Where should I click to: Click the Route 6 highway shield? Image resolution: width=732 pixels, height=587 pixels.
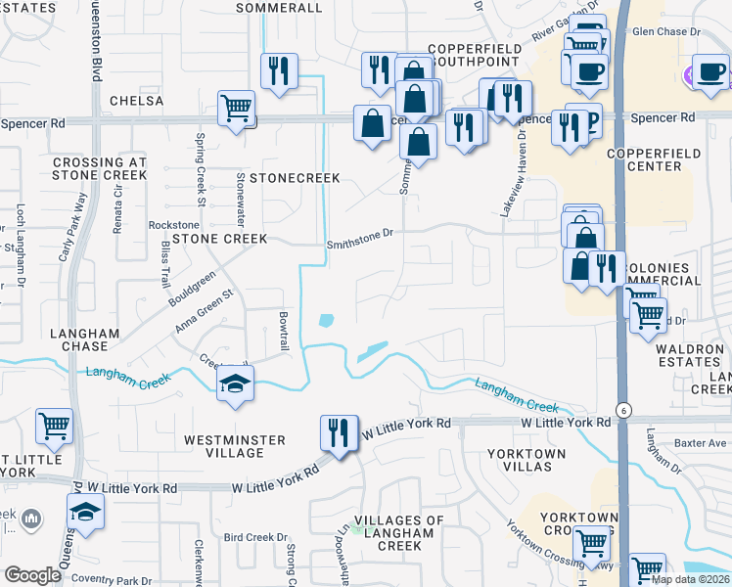(621, 409)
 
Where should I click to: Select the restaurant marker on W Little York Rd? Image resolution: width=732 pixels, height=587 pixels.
(338, 431)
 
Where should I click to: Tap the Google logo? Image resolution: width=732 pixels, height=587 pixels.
(32, 575)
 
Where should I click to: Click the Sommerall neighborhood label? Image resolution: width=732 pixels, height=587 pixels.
(280, 8)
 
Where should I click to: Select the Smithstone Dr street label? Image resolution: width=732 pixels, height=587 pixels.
(359, 233)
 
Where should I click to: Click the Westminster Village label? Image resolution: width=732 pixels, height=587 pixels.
(235, 446)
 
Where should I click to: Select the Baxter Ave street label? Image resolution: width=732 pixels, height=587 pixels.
(703, 443)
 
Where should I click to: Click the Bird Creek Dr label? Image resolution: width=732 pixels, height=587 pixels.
(255, 537)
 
